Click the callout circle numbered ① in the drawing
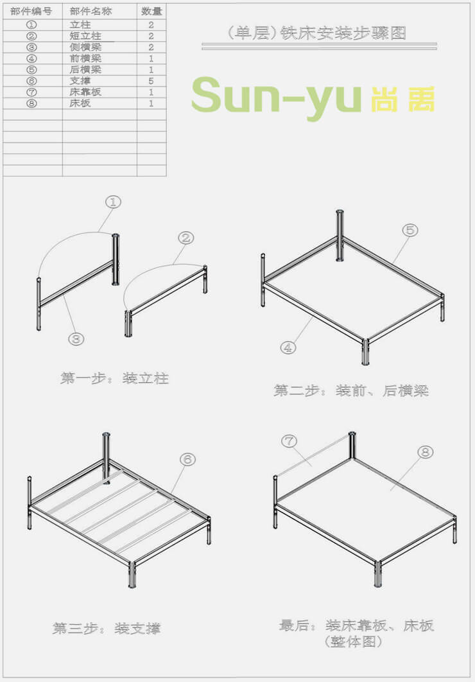[x=113, y=202]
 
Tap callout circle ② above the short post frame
[x=186, y=238]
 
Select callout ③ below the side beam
[x=76, y=339]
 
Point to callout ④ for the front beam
[x=288, y=347]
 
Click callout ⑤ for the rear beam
[x=410, y=230]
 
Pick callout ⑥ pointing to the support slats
[x=187, y=459]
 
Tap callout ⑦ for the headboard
[x=289, y=441]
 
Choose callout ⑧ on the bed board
[x=426, y=452]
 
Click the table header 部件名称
[x=91, y=12]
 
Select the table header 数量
[x=151, y=12]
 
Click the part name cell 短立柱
[x=85, y=36]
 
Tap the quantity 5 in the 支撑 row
[x=151, y=81]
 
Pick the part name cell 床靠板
[x=85, y=92]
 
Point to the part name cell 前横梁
[x=85, y=58]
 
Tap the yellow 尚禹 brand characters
[x=403, y=99]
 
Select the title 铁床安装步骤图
[x=343, y=33]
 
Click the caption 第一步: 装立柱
[x=114, y=378]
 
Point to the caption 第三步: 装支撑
[x=107, y=628]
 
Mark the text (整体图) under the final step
[x=353, y=642]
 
